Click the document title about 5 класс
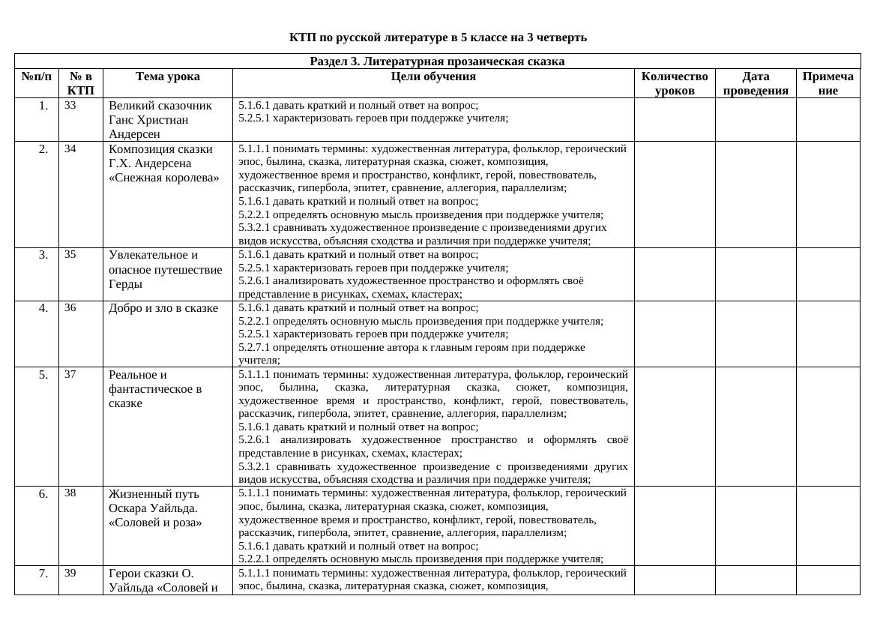coord(438,37)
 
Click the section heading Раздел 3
coord(437,61)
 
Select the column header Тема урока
coord(168,76)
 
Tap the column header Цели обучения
coord(433,76)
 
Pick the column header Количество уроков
coord(675,83)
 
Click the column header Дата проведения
coord(756,83)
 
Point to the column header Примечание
coord(828,83)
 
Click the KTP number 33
coord(70,106)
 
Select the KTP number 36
coord(70,307)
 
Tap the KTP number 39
coord(70,573)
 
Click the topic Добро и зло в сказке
coord(163,308)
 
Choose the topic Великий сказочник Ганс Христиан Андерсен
coord(160,120)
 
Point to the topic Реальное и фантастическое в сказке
coord(155,389)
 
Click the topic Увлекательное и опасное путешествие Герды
coord(165,269)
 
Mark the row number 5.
coord(43,375)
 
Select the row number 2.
coord(43,149)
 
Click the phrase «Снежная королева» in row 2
coord(164,178)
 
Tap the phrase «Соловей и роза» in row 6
coord(156,523)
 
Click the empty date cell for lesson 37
coord(756,426)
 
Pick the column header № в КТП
coord(81,83)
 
